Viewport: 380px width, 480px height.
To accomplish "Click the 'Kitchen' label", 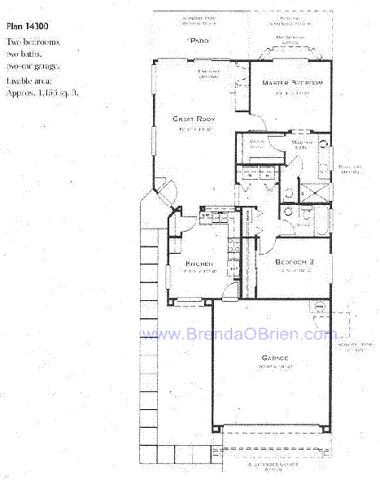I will (199, 264).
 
